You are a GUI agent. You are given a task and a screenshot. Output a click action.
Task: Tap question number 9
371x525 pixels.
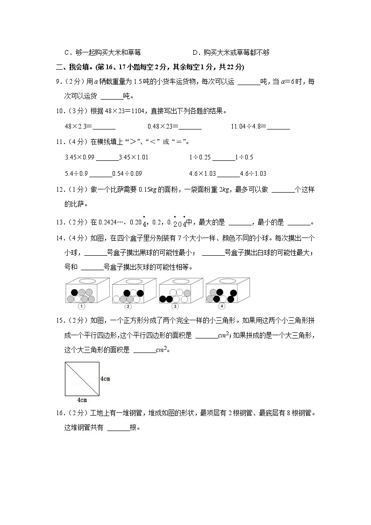pos(57,82)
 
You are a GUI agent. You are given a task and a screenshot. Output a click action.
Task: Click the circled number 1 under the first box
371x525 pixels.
pos(81,307)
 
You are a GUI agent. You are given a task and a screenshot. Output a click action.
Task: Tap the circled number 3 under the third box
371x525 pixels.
pos(175,307)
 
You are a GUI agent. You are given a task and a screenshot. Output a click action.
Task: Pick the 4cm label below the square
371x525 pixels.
pos(81,400)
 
